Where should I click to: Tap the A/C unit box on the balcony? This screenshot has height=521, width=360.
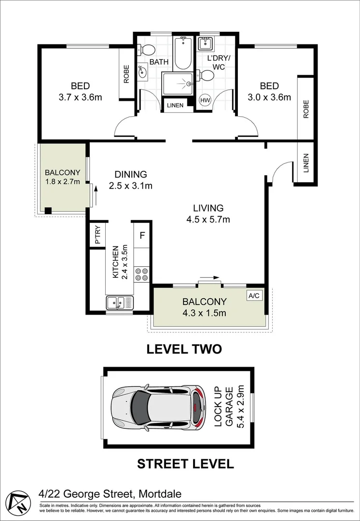click(x=254, y=295)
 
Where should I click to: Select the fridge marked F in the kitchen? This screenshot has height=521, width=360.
click(x=142, y=235)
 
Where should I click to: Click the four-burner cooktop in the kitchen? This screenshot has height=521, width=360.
click(x=142, y=274)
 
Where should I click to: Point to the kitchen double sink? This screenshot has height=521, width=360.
click(x=120, y=302)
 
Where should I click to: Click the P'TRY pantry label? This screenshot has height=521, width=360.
click(x=98, y=235)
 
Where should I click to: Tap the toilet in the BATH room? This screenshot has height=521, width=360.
click(x=147, y=50)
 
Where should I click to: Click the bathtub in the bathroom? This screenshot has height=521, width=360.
click(x=183, y=53)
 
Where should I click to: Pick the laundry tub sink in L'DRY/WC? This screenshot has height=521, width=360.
click(x=205, y=43)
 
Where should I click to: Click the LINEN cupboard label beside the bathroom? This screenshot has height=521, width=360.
click(x=175, y=106)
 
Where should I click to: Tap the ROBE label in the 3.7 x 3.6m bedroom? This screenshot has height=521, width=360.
click(x=126, y=74)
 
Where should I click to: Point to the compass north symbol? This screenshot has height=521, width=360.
click(x=18, y=502)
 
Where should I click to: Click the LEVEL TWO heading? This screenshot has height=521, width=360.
click(x=184, y=349)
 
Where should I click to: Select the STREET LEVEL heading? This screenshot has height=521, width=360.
click(x=185, y=464)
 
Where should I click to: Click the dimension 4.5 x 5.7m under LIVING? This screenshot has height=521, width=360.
click(x=208, y=219)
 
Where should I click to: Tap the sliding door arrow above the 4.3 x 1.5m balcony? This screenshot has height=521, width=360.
click(x=209, y=277)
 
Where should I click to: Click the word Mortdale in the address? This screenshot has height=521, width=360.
click(x=160, y=494)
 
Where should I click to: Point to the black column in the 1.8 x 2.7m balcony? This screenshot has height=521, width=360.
click(x=48, y=210)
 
